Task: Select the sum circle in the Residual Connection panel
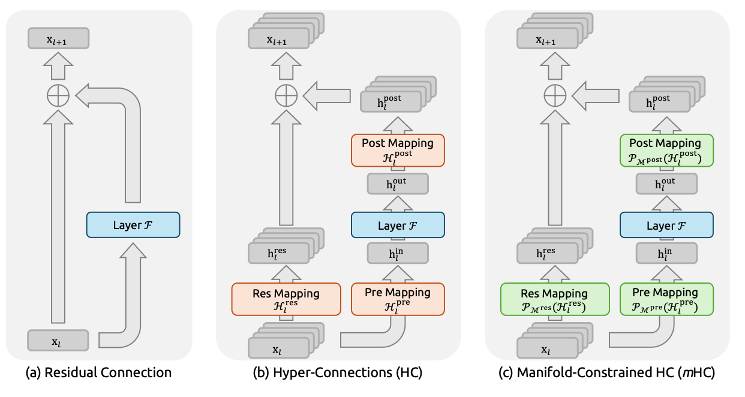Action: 58,95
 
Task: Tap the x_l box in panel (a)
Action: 58,341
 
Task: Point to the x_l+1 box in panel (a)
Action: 58,40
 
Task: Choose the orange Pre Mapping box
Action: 397,298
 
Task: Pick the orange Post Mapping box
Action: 397,150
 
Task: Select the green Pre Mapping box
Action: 666,298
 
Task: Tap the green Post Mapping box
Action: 666,150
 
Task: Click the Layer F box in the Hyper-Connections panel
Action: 397,225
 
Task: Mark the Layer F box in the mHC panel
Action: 666,225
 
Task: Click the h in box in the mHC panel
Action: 666,254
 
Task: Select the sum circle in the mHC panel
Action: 555,95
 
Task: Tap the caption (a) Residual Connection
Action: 99,373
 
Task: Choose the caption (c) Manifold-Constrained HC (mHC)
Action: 607,373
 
